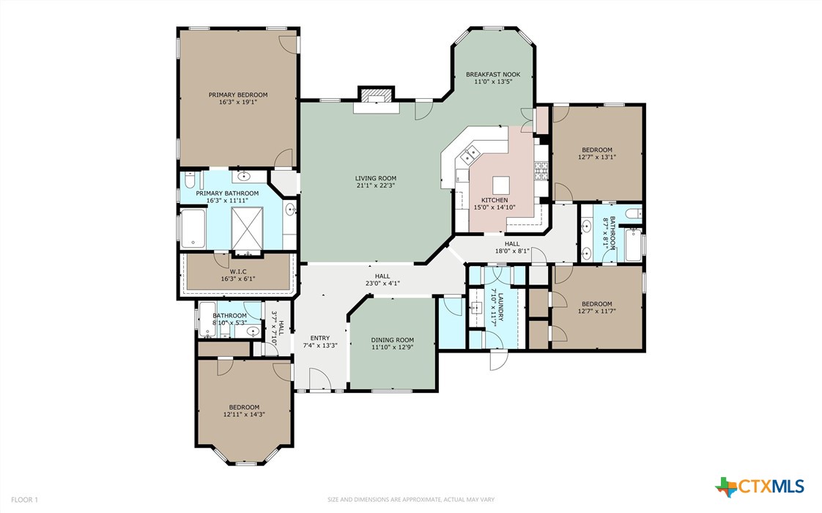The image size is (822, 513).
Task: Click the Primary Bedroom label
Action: pos(238,95)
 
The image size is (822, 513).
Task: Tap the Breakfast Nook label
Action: pos(493,75)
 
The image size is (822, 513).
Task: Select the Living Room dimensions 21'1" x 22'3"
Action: pos(376,185)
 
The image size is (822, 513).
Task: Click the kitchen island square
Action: pos(500,185)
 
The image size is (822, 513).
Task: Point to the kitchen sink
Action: pos(470,154)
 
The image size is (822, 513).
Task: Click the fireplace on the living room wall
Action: pos(376,100)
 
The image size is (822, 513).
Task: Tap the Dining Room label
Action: pos(393,340)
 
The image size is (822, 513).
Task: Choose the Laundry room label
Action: pos(500,307)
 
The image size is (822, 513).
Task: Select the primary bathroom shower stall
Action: pos(247,229)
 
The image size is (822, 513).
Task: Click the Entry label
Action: pos(319,339)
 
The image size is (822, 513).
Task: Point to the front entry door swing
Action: pos(319,379)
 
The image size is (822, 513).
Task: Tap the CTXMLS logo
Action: pos(760,487)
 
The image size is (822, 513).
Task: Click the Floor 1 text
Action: pos(25,500)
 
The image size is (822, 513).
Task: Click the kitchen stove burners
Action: pos(541,171)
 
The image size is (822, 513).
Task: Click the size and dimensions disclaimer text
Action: pos(411,500)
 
